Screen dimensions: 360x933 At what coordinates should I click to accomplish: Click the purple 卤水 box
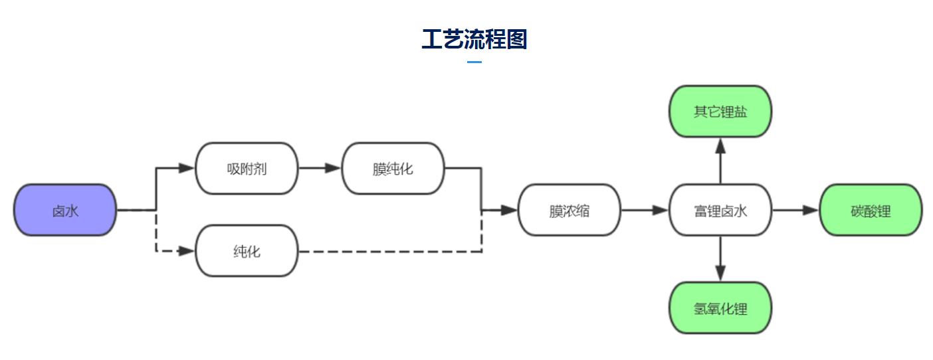point(65,210)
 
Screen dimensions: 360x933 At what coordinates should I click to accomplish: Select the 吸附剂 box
point(247,168)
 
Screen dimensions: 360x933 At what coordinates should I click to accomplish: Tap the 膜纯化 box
point(393,168)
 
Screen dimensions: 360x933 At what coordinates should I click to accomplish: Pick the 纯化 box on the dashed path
point(247,251)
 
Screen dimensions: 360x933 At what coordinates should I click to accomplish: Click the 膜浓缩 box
point(569,210)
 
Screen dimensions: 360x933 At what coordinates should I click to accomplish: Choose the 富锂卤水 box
point(720,210)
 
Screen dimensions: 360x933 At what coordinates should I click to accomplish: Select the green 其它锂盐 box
point(720,111)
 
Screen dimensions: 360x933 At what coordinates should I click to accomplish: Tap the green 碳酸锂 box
point(871,210)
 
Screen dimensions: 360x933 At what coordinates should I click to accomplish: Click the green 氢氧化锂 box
point(720,308)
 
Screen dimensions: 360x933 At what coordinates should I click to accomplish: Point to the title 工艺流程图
point(474,39)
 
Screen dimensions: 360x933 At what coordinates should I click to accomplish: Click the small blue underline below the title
point(474,62)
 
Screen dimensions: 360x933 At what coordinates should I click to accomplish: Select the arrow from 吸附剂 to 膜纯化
point(320,168)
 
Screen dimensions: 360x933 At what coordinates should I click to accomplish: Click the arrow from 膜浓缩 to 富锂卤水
point(644,210)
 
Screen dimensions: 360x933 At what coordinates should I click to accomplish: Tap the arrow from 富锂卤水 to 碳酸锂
point(795,210)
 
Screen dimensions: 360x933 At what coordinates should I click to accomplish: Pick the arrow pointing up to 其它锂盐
point(720,160)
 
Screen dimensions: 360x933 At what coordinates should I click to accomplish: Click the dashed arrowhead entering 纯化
point(187,251)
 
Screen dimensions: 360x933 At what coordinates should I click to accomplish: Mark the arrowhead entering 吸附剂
point(187,168)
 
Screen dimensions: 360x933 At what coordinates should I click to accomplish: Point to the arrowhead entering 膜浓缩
point(509,210)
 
